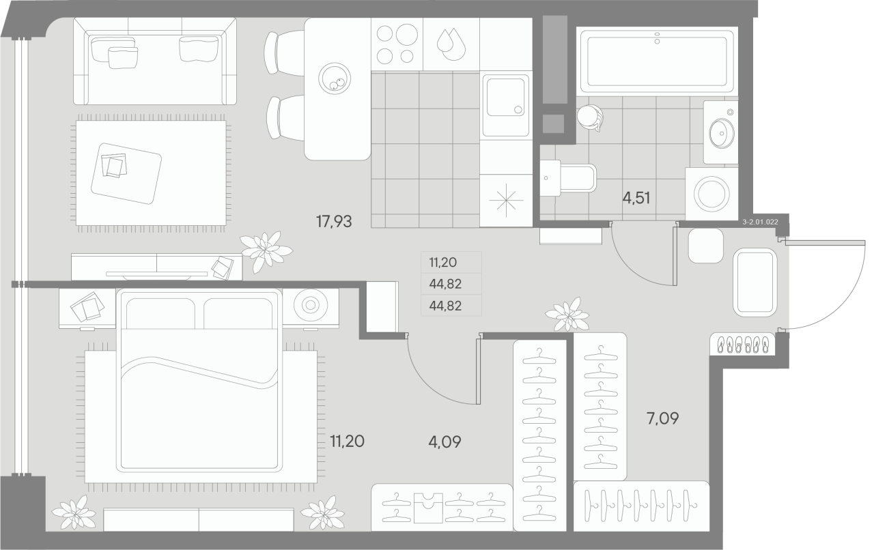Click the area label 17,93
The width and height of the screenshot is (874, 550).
[334, 221]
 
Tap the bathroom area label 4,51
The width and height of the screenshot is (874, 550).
[636, 199]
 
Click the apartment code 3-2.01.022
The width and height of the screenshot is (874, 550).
[764, 222]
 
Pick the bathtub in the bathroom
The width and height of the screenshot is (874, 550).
[656, 59]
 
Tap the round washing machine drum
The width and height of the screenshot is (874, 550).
[713, 193]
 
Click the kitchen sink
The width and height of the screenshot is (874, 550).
[505, 104]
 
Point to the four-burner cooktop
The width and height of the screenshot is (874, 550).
[396, 43]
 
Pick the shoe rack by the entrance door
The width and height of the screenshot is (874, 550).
[744, 345]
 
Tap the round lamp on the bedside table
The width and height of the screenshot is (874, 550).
[309, 306]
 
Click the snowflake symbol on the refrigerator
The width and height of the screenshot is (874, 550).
[505, 201]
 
